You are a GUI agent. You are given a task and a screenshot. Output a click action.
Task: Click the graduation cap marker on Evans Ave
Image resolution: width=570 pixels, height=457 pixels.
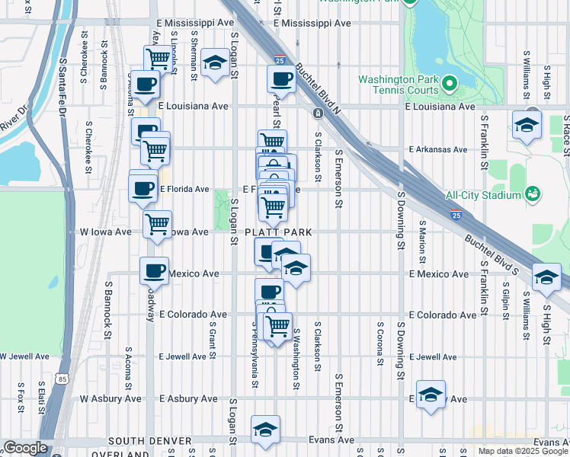[x=265, y=430]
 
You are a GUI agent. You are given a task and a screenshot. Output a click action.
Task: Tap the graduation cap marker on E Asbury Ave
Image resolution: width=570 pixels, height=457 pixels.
[x=431, y=395]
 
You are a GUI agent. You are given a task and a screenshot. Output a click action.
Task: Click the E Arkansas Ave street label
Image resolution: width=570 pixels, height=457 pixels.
[x=437, y=149]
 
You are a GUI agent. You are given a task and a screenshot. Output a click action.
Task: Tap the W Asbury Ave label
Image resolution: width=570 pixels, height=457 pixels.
[x=111, y=398]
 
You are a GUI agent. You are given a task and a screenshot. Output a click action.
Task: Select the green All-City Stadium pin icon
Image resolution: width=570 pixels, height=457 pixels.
[x=533, y=194]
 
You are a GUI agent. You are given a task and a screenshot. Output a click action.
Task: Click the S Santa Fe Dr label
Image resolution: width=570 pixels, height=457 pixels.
[x=63, y=84]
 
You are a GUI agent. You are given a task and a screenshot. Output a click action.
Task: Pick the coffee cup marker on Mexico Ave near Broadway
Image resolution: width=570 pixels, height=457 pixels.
[x=154, y=270]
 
